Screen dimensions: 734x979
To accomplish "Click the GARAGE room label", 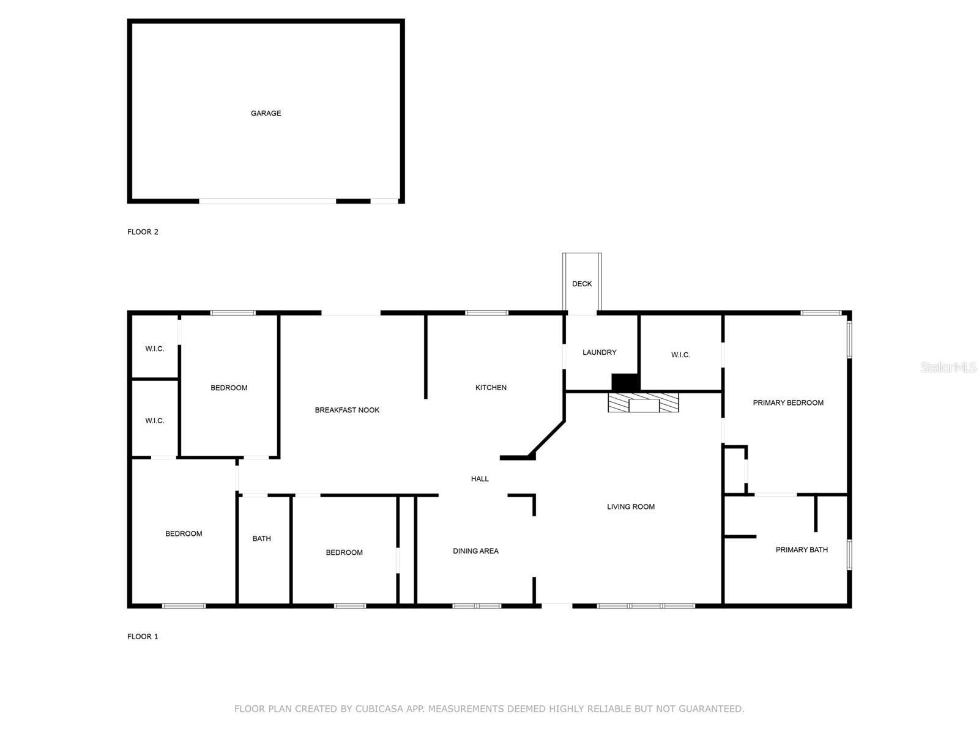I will pyautogui.click(x=266, y=113).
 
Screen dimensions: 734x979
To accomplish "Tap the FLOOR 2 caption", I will pyautogui.click(x=143, y=232).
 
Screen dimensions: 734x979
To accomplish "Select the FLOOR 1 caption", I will pyautogui.click(x=143, y=637).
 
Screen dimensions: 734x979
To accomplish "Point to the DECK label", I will pyautogui.click(x=582, y=284).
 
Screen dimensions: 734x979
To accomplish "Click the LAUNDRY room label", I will pyautogui.click(x=599, y=352).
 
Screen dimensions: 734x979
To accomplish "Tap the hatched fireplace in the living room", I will pyautogui.click(x=643, y=403).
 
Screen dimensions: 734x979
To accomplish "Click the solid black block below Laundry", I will pyautogui.click(x=625, y=382).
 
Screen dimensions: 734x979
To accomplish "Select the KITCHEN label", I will pyautogui.click(x=491, y=388).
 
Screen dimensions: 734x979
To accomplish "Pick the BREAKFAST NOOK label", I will pyautogui.click(x=347, y=410).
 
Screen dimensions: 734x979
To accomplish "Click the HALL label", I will pyautogui.click(x=480, y=479).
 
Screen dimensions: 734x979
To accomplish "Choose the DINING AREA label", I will pyautogui.click(x=475, y=551).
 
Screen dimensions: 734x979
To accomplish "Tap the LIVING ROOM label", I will pyautogui.click(x=631, y=507).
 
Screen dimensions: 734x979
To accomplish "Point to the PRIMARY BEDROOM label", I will pyautogui.click(x=788, y=403).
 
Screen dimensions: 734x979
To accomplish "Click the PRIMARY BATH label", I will pyautogui.click(x=802, y=550).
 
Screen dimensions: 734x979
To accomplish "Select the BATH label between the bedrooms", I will pyautogui.click(x=261, y=539).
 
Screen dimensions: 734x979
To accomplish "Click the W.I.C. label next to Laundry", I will pyautogui.click(x=680, y=355).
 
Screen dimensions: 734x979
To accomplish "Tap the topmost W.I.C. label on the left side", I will pyautogui.click(x=154, y=349).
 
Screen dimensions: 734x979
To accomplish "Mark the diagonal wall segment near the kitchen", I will pyautogui.click(x=548, y=437).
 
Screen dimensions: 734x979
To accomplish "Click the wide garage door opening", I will pyautogui.click(x=267, y=201).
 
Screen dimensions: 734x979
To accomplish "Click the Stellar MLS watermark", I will pyautogui.click(x=948, y=368).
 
